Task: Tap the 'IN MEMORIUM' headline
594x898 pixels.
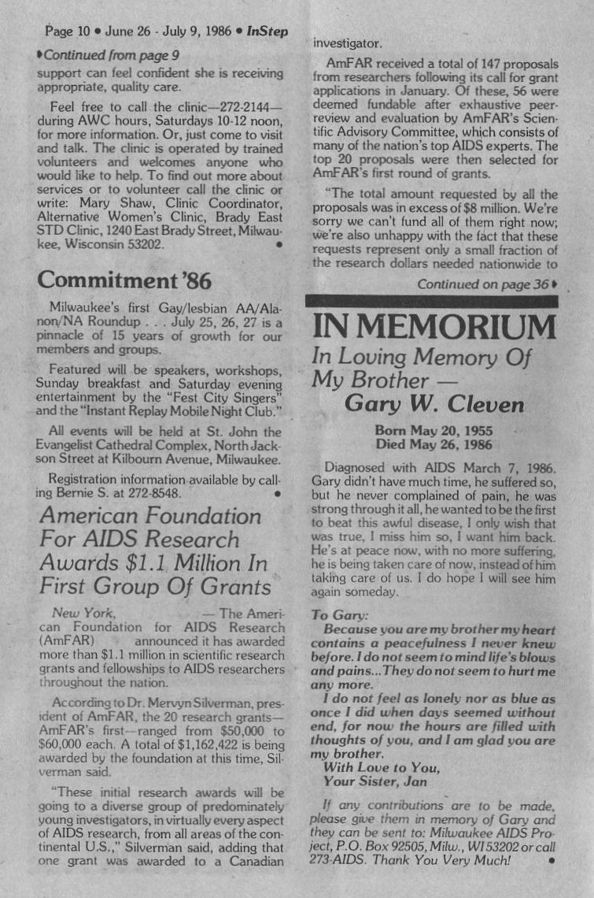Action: point(434,327)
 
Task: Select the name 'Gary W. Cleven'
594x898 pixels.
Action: point(434,405)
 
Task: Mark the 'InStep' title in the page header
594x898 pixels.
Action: point(267,32)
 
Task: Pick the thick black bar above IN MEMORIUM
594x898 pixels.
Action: point(431,300)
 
